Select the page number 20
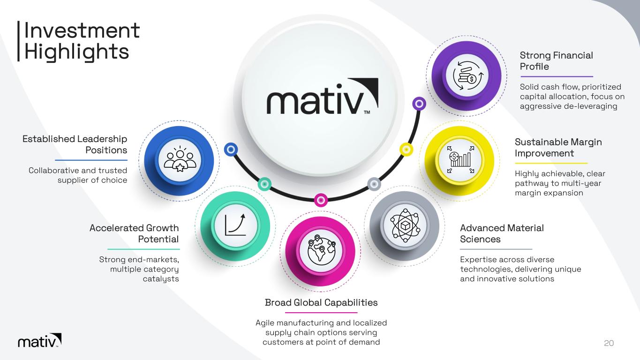pyautogui.click(x=609, y=343)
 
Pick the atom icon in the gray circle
pyautogui.click(x=405, y=226)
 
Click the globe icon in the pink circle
pyautogui.click(x=321, y=250)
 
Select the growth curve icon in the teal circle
pyautogui.click(x=235, y=225)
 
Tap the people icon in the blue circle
pyautogui.click(x=180, y=159)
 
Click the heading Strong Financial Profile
pyautogui.click(x=556, y=61)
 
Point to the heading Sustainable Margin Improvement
pyautogui.click(x=558, y=148)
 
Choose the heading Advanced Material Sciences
pyautogui.click(x=502, y=233)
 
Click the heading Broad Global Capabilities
pyautogui.click(x=321, y=302)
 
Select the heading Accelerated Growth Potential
pyautogui.click(x=135, y=233)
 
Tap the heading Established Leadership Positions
pyautogui.click(x=75, y=144)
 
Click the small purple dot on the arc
pyautogui.click(x=419, y=104)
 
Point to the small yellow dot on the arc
pyautogui.click(x=407, y=149)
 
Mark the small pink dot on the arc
pyautogui.click(x=321, y=200)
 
